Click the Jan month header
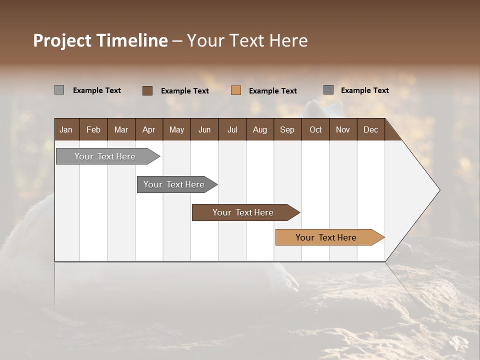(66, 129)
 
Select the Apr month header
(148, 129)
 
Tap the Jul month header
(232, 129)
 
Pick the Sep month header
(287, 129)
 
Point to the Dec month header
(370, 129)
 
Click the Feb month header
(93, 129)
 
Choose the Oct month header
(315, 129)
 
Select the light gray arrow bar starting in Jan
(105, 156)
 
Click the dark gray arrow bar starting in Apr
(174, 184)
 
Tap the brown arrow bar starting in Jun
(243, 212)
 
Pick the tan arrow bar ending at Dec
(326, 237)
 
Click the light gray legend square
(59, 90)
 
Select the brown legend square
(147, 90)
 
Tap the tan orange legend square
(236, 90)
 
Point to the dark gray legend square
(328, 90)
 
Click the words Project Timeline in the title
(100, 40)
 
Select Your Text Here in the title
(247, 40)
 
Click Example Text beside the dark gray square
(364, 90)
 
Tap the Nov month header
(343, 129)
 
